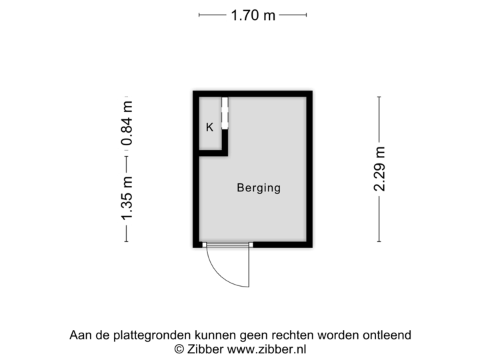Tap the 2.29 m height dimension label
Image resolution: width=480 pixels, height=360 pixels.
pyautogui.click(x=379, y=170)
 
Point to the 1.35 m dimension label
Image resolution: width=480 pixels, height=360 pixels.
pyautogui.click(x=126, y=199)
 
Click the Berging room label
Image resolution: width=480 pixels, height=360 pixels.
pyautogui.click(x=259, y=188)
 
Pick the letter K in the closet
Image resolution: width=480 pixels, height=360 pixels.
pyautogui.click(x=209, y=127)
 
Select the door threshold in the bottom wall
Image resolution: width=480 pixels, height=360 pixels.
pyautogui.click(x=228, y=245)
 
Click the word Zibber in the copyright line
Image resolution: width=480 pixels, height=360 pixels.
pyautogui.click(x=203, y=349)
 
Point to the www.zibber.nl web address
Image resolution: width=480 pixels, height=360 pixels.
pyautogui.click(x=266, y=349)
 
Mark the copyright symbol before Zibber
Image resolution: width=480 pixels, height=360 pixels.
pyautogui.click(x=179, y=349)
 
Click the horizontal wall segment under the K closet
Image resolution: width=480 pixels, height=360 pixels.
pyautogui.click(x=214, y=153)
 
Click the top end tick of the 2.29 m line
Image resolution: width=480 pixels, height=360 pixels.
pyautogui.click(x=379, y=97)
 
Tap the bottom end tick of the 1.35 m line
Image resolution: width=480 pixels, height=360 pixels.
pyautogui.click(x=126, y=242)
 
